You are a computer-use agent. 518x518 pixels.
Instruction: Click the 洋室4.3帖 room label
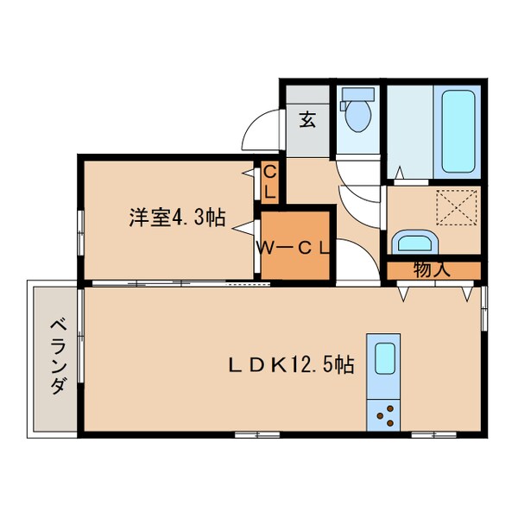pos(177,218)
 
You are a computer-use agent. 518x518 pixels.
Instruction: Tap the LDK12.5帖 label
pos(290,364)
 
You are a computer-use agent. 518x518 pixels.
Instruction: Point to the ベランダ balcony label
pos(57,357)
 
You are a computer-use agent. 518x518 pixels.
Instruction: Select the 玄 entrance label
pos(307,120)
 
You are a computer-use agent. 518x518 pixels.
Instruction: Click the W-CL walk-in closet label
pos(294,248)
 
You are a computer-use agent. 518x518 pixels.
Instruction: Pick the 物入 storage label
pos(431,269)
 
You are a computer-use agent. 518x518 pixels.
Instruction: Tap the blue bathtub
pos(458,131)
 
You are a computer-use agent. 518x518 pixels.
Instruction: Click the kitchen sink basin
pos(383,357)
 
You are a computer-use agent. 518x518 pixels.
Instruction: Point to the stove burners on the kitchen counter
pos(384,414)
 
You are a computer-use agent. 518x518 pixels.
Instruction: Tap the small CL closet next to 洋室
pos(269,182)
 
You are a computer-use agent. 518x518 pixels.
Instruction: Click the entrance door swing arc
pos(262,133)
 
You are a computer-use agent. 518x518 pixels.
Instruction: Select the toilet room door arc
pos(356,172)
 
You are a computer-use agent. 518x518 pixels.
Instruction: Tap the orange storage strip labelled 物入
pos(431,270)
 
